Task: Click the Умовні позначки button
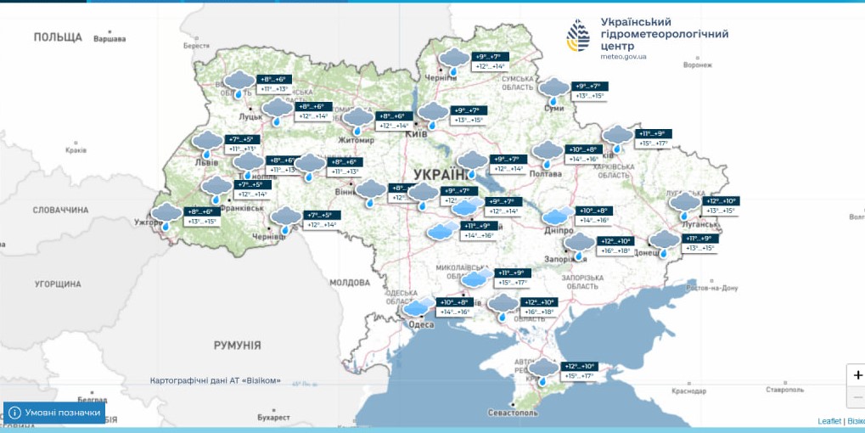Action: (x=56, y=413)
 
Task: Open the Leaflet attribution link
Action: (x=828, y=421)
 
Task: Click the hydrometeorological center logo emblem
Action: (x=580, y=36)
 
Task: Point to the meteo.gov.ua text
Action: (x=623, y=56)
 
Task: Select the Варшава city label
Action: (x=109, y=39)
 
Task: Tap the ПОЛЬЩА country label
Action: (x=58, y=37)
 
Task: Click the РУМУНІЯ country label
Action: (x=237, y=345)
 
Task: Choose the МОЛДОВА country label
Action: (x=348, y=282)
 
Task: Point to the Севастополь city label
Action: (x=512, y=413)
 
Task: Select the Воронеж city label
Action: (x=697, y=65)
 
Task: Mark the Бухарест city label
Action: (x=273, y=418)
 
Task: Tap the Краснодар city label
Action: (x=688, y=391)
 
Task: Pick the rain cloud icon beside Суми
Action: (x=553, y=90)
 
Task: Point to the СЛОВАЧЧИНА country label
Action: (x=61, y=210)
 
